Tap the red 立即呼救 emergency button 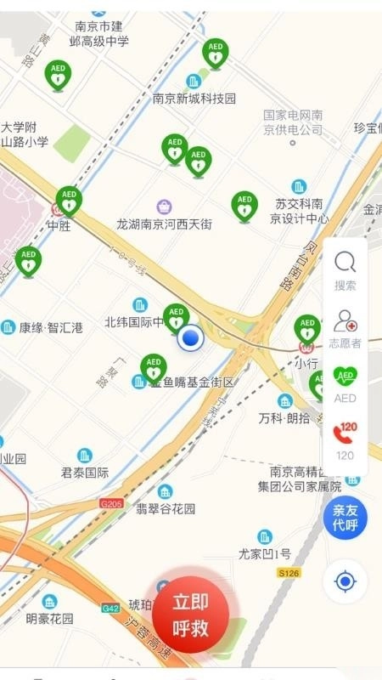(191, 615)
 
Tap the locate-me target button (345, 581)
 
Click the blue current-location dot (192, 339)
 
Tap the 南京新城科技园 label (194, 99)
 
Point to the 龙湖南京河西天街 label (164, 224)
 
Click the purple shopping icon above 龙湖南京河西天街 (164, 207)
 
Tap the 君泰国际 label (85, 473)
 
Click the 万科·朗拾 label (284, 418)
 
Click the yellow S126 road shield (289, 574)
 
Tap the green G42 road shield (110, 608)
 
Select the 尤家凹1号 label (265, 553)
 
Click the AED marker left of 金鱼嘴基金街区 (154, 369)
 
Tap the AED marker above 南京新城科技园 (215, 54)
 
